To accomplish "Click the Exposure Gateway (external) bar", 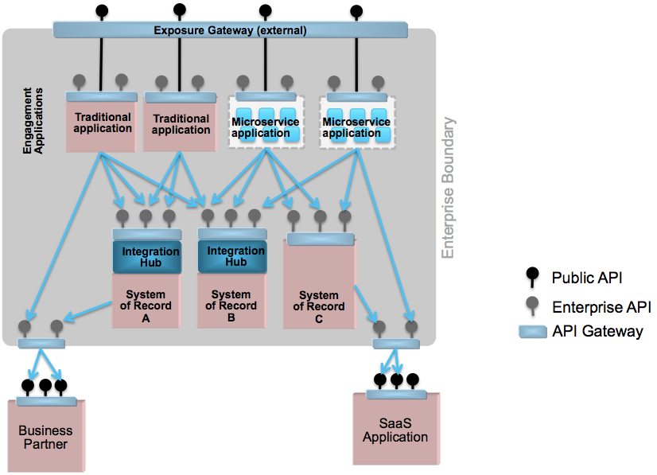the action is click(x=230, y=30).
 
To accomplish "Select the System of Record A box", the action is click(x=146, y=301).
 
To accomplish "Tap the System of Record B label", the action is click(x=231, y=306).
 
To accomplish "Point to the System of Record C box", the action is click(x=319, y=284).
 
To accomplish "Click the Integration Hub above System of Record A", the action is click(x=147, y=257).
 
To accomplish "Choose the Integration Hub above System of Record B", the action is click(x=232, y=256).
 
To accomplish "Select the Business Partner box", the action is click(x=46, y=436).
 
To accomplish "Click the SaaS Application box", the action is click(x=396, y=429).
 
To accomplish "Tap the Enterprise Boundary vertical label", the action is click(x=448, y=188).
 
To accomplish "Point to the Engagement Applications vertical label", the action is click(x=33, y=121).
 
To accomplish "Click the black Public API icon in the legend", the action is click(x=532, y=277).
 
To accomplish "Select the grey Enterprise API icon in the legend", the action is click(x=532, y=306).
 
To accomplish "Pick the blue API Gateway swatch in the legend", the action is click(x=533, y=332).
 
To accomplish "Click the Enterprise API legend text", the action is click(x=601, y=307).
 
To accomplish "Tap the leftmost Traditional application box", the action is click(x=101, y=123).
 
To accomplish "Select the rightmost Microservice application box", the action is click(x=357, y=122).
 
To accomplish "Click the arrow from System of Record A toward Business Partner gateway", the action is click(x=88, y=312).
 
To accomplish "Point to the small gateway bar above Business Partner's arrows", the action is click(x=41, y=344).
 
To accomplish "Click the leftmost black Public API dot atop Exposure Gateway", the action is click(x=102, y=10).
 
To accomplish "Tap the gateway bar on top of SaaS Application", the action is click(x=396, y=394).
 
